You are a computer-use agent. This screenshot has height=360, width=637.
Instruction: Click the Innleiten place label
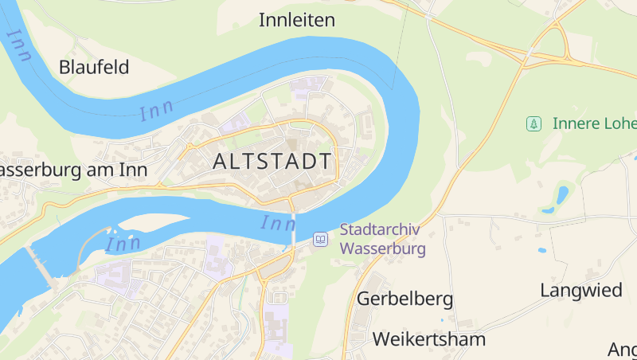coord(297,20)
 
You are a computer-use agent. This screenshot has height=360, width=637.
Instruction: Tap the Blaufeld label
coord(94,67)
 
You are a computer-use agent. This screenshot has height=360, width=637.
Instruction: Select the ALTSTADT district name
coord(272,161)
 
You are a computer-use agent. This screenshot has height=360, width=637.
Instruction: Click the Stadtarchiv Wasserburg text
coord(382,239)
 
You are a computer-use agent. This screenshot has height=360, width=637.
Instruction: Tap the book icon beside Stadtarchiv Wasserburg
coord(320,239)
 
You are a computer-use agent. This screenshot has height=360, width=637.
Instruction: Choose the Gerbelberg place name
coord(404,299)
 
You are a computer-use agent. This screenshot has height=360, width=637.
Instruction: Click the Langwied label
coord(581,290)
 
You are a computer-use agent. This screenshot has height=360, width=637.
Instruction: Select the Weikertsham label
coord(428,339)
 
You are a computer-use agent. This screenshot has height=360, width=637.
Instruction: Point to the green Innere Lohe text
coord(594,123)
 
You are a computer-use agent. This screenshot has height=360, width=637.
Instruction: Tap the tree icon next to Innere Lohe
coord(533,123)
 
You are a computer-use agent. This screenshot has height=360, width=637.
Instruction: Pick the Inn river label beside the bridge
coord(277,223)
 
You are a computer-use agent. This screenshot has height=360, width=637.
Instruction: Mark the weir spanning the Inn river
coord(41,267)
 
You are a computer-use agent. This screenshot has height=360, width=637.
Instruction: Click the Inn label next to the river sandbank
coord(123,243)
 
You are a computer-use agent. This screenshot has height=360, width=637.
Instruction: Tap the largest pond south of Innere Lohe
coord(562,194)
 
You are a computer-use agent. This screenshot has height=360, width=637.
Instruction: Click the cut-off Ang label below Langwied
coord(622,349)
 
